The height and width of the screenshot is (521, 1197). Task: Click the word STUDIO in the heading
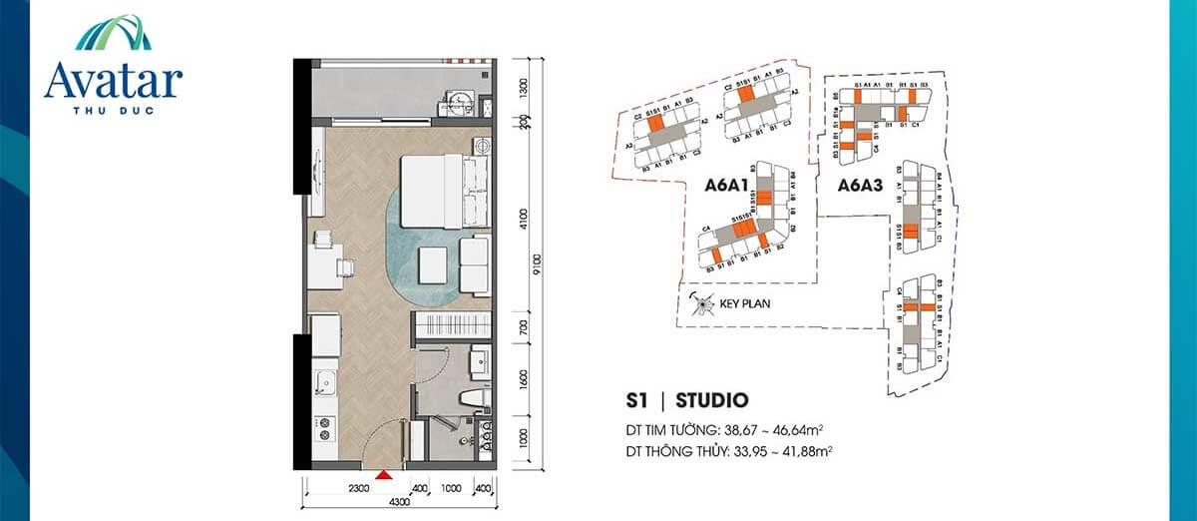[x=711, y=402]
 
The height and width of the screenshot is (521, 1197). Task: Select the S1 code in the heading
[x=638, y=402]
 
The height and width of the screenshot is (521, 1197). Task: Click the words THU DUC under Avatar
[x=113, y=109]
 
